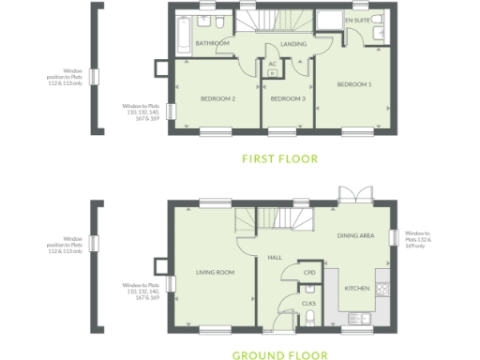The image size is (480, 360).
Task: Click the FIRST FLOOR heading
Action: [x=279, y=158]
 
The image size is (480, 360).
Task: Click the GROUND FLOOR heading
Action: [x=279, y=355]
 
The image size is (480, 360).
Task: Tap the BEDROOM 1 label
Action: [x=355, y=84]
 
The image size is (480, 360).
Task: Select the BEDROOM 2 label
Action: [x=217, y=98]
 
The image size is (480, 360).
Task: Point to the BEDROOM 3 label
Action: [x=288, y=98]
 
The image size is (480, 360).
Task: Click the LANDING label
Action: [x=293, y=44]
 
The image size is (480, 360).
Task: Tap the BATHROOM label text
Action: [x=213, y=43]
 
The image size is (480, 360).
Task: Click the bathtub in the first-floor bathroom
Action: [x=182, y=34]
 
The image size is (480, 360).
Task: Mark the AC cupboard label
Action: [x=272, y=64]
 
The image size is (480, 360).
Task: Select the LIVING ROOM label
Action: [x=215, y=273]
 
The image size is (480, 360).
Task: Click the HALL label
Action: [x=275, y=257]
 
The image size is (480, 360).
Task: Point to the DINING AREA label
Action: [x=354, y=236]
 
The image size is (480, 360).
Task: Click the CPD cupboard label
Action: [x=308, y=274]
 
